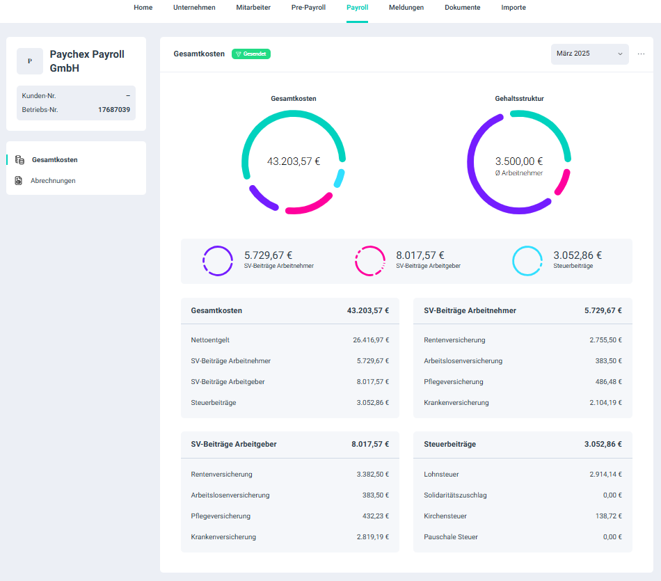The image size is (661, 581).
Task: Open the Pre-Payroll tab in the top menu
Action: (x=308, y=8)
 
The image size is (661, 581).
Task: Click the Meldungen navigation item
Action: (x=406, y=8)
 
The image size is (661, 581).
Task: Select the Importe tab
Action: (x=513, y=8)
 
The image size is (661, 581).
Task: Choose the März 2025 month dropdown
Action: (x=589, y=54)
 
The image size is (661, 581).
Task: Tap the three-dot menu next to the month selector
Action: (x=641, y=54)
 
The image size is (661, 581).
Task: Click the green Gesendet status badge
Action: (x=251, y=54)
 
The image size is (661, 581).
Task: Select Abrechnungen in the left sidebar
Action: (x=53, y=181)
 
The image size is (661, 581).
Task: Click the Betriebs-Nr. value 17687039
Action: (x=114, y=110)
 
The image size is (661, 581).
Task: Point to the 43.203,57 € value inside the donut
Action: (x=294, y=161)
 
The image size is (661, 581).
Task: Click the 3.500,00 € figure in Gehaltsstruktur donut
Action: (x=519, y=161)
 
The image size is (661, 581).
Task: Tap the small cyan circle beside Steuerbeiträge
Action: (x=527, y=261)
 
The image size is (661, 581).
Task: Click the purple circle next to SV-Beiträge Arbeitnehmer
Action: (x=218, y=261)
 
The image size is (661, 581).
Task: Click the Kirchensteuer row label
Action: (x=445, y=516)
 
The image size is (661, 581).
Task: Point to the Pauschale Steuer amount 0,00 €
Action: (x=610, y=537)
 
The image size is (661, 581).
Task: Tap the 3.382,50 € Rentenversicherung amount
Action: (x=373, y=475)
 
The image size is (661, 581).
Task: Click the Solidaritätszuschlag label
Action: (x=455, y=495)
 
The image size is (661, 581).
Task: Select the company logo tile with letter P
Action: (x=30, y=61)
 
